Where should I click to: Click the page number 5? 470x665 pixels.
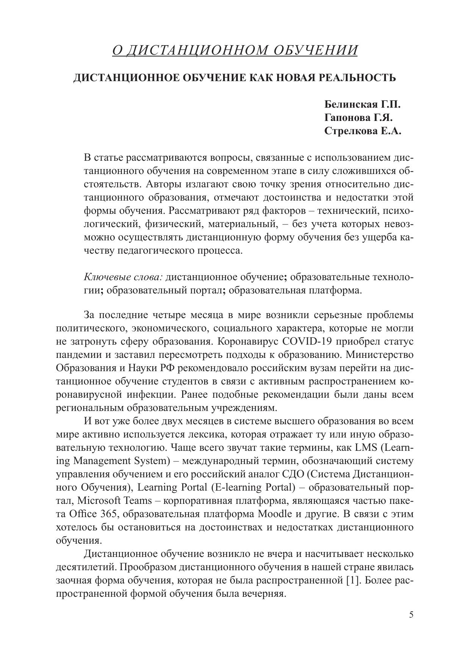click(x=411, y=615)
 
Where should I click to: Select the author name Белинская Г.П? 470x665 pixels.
click(x=362, y=105)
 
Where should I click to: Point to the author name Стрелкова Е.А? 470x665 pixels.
click(x=362, y=131)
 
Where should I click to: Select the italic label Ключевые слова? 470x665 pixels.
click(x=123, y=277)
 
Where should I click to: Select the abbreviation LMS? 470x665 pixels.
click(x=366, y=447)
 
